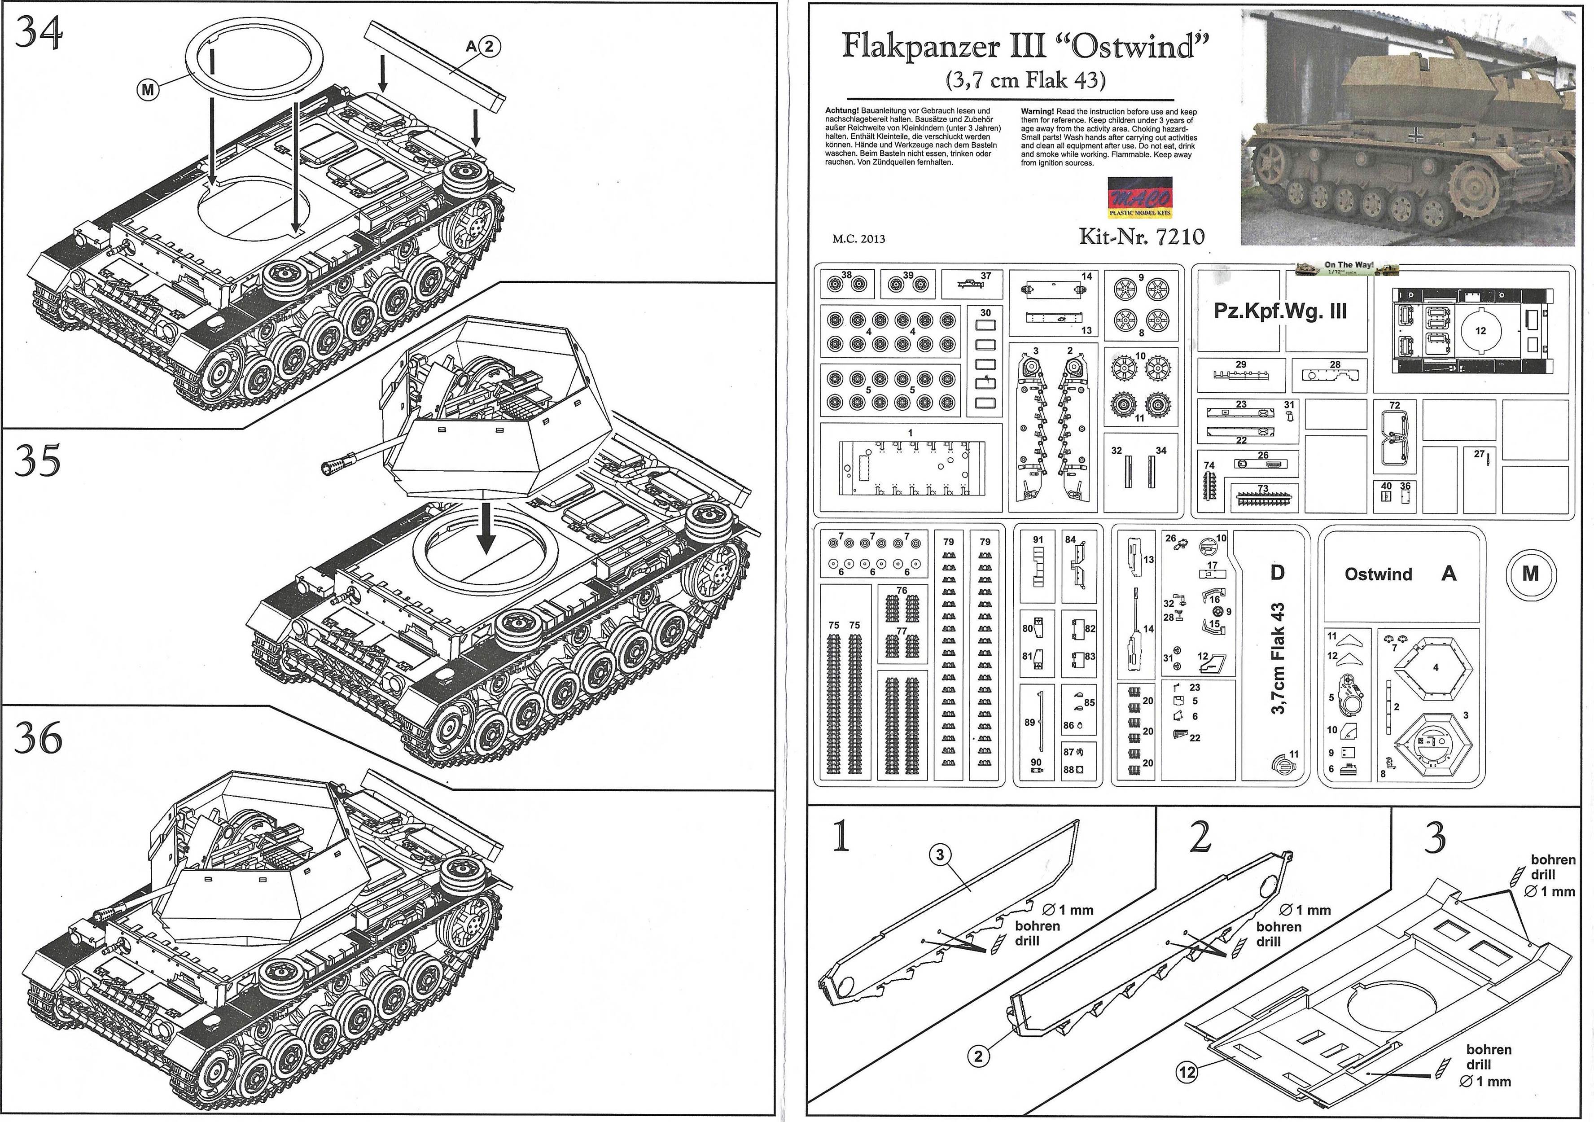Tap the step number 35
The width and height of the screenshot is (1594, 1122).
(38, 460)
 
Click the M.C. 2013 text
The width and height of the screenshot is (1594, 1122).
(859, 239)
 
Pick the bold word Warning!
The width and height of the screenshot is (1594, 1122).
(1037, 111)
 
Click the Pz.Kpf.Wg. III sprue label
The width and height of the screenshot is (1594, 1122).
(1279, 311)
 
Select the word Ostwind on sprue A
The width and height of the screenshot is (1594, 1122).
(1378, 574)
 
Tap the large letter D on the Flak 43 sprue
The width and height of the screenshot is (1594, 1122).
(1278, 573)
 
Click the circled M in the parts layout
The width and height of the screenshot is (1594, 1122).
(1530, 574)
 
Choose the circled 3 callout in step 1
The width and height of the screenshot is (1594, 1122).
(940, 855)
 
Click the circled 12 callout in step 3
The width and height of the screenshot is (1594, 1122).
(1187, 1072)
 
